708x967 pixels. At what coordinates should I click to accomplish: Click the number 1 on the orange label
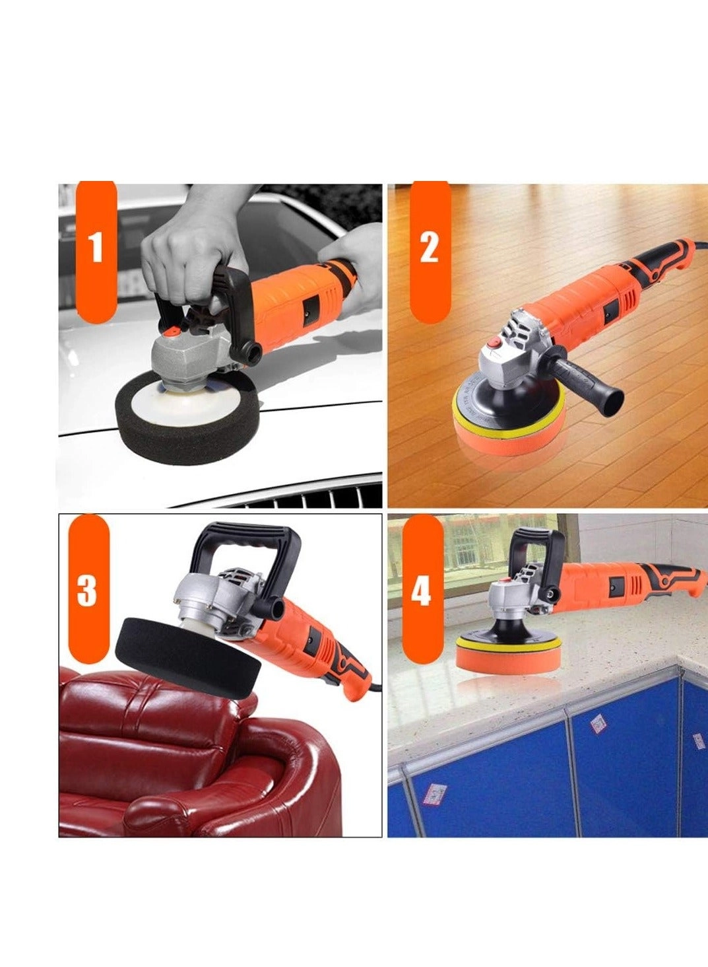[x=96, y=248]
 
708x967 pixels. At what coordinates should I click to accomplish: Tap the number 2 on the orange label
[x=429, y=248]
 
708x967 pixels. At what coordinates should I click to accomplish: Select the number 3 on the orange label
[x=87, y=590]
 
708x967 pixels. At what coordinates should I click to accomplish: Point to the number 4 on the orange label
[x=421, y=590]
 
